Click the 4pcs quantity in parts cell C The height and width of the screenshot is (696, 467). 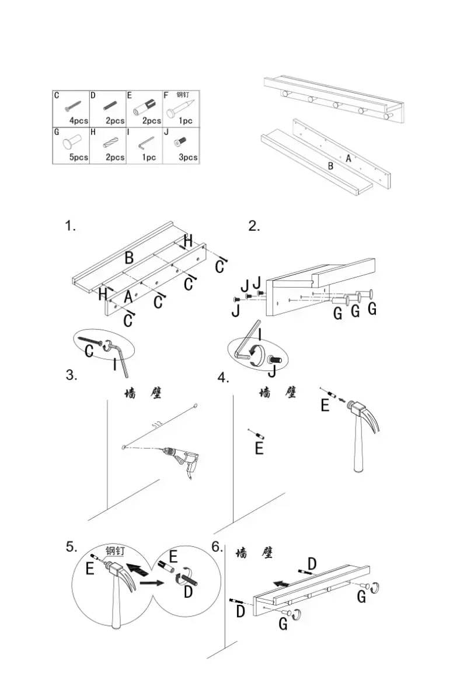click(79, 121)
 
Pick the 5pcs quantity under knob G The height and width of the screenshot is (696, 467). click(79, 157)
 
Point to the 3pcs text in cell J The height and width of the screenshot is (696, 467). click(188, 157)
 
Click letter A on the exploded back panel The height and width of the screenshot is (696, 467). click(348, 158)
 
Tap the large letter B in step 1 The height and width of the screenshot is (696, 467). click(129, 258)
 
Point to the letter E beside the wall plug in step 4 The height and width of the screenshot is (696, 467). click(259, 449)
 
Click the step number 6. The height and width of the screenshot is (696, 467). click(217, 548)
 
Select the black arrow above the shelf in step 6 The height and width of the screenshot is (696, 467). click(282, 583)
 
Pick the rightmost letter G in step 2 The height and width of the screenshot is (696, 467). click(371, 309)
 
